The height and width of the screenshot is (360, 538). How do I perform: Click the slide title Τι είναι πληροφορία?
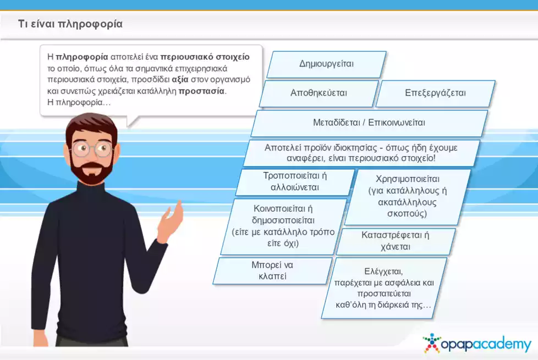70,24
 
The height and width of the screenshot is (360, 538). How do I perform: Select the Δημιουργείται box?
326,64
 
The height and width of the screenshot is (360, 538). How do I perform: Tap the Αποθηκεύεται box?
319,93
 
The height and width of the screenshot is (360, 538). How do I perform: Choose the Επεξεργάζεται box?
435,93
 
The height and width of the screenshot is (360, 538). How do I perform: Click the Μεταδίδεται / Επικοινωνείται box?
369,123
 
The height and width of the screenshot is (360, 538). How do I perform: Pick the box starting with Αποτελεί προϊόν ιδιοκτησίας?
361,153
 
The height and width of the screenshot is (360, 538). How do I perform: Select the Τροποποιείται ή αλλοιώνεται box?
295,182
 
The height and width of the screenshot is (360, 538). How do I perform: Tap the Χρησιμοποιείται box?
407,196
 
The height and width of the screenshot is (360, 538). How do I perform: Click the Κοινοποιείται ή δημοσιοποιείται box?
283,226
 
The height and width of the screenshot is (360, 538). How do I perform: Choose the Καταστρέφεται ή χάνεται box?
396,241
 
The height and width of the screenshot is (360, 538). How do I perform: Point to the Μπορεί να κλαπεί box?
272,270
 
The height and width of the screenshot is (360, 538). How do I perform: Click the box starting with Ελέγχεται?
383,288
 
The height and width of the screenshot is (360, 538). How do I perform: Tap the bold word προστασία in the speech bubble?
201,91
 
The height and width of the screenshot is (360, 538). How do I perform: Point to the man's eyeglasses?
92,149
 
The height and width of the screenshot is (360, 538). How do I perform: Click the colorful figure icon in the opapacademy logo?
432,343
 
